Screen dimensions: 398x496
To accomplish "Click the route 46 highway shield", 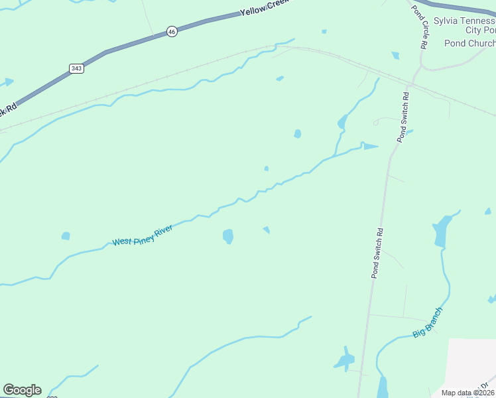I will [172, 31].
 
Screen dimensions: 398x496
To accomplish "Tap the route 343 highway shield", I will [76, 68].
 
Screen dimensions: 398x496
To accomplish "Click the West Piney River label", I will [143, 235].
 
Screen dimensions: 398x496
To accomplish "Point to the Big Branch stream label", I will [427, 322].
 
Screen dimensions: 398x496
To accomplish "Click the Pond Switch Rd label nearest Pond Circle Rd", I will [403, 117].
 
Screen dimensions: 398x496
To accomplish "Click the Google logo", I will [22, 390].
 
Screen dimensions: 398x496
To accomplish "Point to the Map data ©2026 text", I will [468, 393].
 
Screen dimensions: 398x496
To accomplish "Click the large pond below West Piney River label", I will [228, 236].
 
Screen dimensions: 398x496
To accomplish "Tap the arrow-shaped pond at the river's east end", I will [369, 146].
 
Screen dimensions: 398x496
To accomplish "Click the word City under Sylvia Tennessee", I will [473, 31].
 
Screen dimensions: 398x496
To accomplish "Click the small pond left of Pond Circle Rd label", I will [396, 56].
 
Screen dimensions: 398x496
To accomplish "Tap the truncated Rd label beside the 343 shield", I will [10, 109].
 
